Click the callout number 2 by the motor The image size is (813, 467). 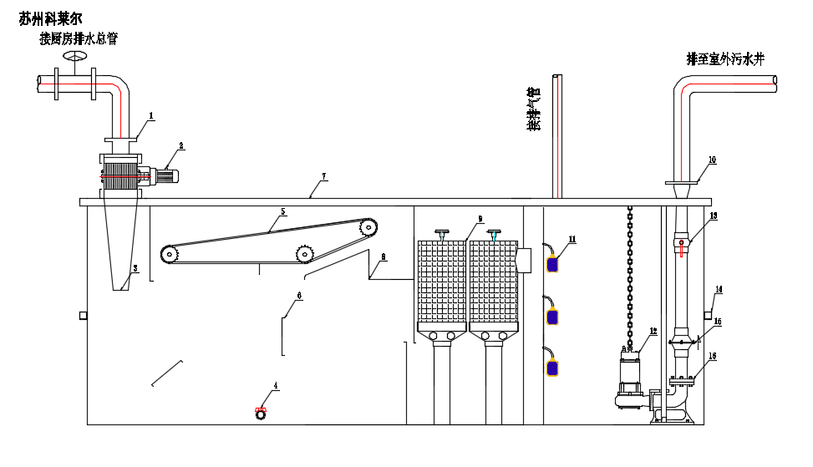[x=181, y=145]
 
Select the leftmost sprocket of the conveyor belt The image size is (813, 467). [x=170, y=253]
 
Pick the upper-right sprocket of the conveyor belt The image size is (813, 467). [x=368, y=226]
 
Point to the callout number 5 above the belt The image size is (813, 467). [x=282, y=212]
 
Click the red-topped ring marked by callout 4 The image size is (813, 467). [x=261, y=412]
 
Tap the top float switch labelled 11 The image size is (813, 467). [x=552, y=264]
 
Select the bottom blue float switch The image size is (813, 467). [x=552, y=368]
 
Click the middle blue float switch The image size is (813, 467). [x=552, y=317]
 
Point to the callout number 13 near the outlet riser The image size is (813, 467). [x=713, y=216]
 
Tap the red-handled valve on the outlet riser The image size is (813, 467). [x=682, y=246]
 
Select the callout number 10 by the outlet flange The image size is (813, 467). [x=712, y=159]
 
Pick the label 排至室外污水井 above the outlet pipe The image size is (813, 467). [x=725, y=58]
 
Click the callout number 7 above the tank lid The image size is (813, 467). [x=323, y=176]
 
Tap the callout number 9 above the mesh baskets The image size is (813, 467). [x=480, y=219]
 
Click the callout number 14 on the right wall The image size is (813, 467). [x=719, y=290]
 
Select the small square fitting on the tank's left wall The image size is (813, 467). [x=83, y=315]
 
